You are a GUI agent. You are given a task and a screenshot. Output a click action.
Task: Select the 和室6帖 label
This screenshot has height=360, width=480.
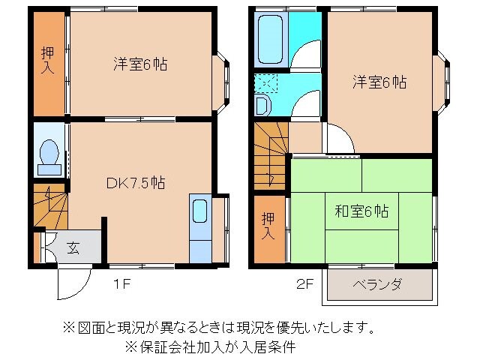click(361, 212)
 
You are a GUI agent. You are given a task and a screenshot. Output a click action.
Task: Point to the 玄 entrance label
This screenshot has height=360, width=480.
click(73, 247)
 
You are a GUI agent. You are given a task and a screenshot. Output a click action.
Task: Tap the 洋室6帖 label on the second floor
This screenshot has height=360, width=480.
click(381, 82)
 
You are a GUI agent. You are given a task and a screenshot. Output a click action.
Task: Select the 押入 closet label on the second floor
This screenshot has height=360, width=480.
click(268, 226)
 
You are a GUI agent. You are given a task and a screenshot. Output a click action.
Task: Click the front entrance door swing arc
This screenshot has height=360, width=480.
click(73, 283)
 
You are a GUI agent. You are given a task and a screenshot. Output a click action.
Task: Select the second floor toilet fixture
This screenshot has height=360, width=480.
click(262, 105)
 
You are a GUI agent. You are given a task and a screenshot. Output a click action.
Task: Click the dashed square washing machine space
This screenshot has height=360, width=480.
click(265, 82)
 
